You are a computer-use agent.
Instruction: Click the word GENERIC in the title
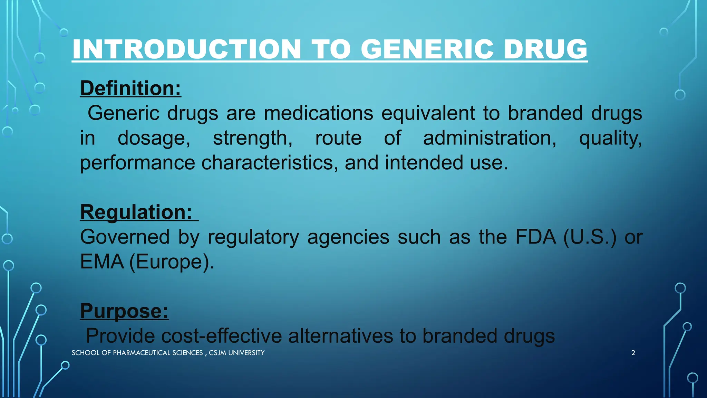tap(427, 49)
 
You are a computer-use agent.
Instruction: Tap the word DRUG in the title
tap(545, 49)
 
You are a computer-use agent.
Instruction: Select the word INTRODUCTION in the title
tap(187, 49)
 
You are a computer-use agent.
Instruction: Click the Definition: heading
tap(130, 88)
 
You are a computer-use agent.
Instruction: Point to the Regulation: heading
tap(136, 212)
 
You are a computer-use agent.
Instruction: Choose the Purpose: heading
tap(124, 311)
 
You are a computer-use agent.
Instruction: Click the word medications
tap(318, 113)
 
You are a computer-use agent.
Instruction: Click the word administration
tap(490, 138)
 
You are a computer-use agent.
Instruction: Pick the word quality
tap(610, 138)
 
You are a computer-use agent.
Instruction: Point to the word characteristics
tap(270, 163)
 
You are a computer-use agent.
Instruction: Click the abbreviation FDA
tap(535, 237)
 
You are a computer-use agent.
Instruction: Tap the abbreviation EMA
tap(102, 262)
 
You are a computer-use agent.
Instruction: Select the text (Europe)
tap(172, 262)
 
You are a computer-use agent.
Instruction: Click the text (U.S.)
tap(590, 237)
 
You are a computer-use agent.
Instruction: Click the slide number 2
tap(633, 353)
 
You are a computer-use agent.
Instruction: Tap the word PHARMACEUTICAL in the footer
tap(142, 353)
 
